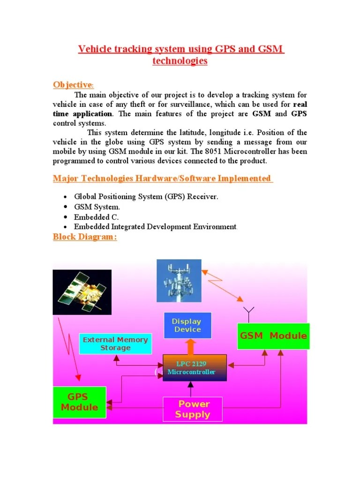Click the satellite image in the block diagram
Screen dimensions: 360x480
pos(82,292)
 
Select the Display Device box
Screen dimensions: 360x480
pos(187,325)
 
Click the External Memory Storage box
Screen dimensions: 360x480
pos(115,344)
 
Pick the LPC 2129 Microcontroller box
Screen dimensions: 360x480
pos(195,368)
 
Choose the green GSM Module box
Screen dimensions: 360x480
pos(273,336)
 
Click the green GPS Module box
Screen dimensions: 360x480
pos(79,402)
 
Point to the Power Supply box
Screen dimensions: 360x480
pos(192,409)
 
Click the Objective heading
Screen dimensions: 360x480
pos(73,85)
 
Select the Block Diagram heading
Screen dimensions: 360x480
pos(84,237)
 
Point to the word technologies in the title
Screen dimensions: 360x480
pos(180,61)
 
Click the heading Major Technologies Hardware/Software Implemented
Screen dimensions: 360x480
pos(162,178)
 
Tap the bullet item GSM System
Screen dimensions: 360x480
pos(97,207)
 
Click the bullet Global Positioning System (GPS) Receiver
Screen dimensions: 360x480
pos(146,197)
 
